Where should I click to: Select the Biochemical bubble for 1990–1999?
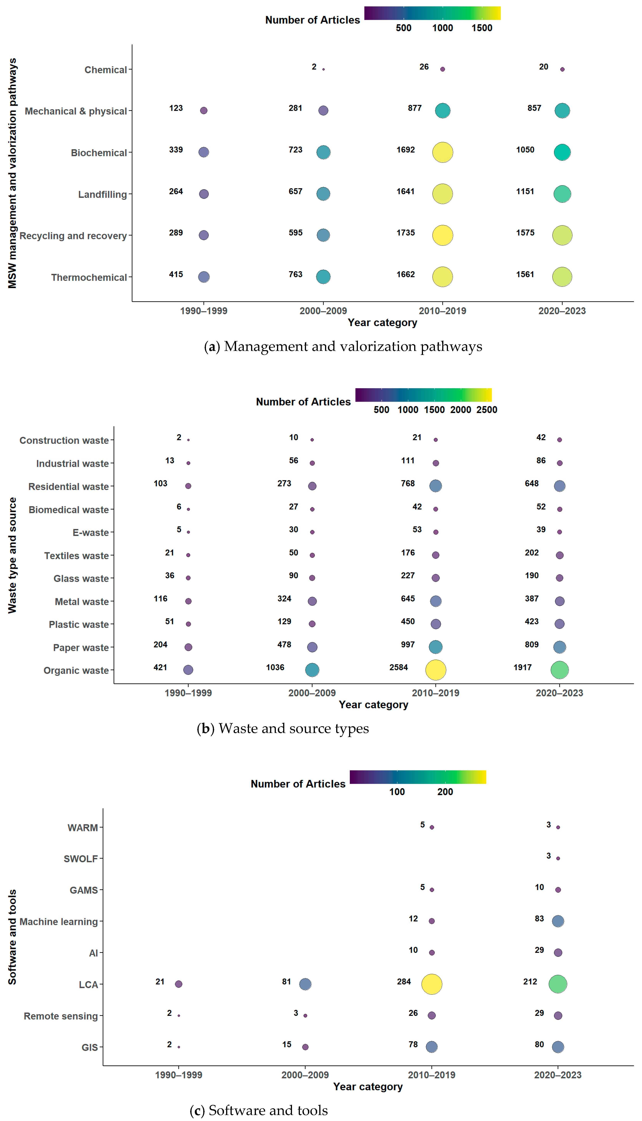204,152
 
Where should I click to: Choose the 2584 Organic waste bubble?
436,670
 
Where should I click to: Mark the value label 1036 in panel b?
275,667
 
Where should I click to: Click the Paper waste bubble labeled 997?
436,647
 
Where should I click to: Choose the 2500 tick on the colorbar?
487,410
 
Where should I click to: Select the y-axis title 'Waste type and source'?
12,555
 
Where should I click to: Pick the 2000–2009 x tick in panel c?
305,1075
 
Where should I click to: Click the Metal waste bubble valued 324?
312,601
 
